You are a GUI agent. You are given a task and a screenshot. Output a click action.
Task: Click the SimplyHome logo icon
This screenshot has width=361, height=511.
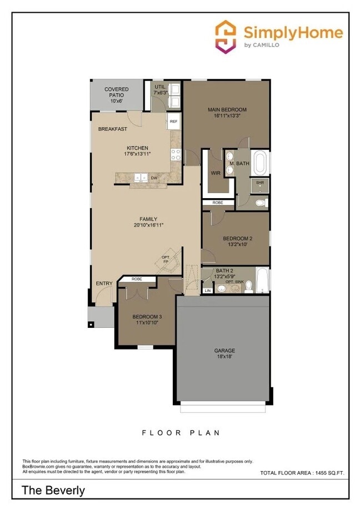(x=226, y=37)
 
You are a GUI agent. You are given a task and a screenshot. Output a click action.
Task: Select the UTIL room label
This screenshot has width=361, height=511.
(x=160, y=87)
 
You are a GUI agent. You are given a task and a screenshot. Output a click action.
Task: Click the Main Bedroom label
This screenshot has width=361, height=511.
(x=227, y=110)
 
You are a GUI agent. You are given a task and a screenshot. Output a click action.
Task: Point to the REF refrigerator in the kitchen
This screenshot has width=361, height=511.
(x=173, y=122)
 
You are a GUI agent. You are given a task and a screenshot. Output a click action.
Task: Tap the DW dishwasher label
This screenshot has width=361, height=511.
(x=154, y=178)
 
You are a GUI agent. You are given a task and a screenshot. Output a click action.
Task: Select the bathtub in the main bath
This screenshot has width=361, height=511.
(x=260, y=163)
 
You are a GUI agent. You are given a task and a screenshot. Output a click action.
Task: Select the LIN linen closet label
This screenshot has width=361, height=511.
(x=208, y=290)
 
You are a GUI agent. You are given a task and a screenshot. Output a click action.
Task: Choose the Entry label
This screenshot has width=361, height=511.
(x=104, y=284)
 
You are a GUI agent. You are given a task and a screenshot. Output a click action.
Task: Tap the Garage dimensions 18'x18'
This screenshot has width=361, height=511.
(x=224, y=357)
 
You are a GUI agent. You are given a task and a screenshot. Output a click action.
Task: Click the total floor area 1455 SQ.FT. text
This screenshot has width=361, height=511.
(x=302, y=473)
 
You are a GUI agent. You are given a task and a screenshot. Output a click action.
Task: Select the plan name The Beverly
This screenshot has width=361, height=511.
(x=53, y=490)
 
